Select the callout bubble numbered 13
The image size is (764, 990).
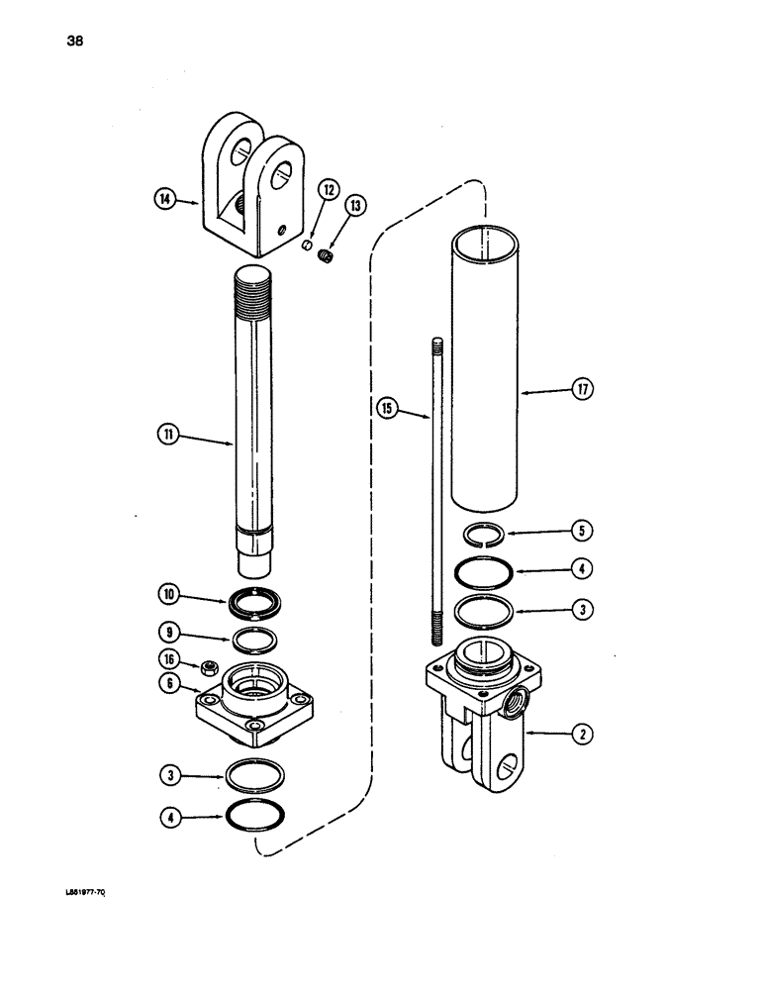(353, 206)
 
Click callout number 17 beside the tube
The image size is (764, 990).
(583, 391)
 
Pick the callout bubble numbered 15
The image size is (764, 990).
(387, 405)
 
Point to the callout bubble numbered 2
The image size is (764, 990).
(583, 735)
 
